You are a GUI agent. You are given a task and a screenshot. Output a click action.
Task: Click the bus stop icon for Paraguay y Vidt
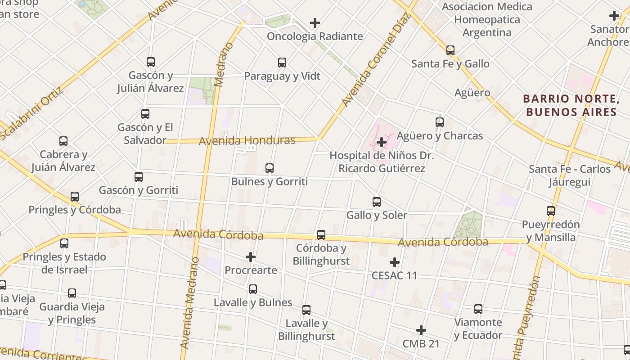pos(282,63)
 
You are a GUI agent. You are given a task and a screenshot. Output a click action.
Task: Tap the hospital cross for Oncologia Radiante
pos(315,22)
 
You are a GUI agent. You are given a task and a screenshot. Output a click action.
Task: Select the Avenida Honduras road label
pos(247,140)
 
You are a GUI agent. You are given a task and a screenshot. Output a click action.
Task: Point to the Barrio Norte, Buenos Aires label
pos(571,105)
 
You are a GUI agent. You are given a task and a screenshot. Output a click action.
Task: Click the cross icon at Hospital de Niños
pos(382,142)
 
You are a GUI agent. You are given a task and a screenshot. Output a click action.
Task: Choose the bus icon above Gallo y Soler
pos(377,202)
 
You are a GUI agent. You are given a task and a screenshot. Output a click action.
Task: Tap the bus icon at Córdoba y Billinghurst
pos(321,234)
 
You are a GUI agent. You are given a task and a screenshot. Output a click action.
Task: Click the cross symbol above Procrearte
pos(251,257)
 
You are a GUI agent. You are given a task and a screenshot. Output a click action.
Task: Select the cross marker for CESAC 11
pos(395,262)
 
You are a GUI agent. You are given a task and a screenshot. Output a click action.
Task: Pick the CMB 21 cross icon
pos(421,331)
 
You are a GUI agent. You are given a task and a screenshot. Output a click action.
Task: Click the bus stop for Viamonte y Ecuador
pos(478,309)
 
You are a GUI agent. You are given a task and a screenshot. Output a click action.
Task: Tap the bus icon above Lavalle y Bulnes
pos(253,289)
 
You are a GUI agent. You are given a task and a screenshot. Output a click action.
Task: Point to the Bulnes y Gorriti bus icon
pos(270,168)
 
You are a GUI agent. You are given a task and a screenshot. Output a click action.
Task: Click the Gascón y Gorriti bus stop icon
pos(139,177)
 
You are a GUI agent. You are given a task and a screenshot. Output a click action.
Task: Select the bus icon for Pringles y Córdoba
pos(75,197)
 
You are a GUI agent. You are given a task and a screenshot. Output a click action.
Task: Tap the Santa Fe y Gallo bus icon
pos(450,50)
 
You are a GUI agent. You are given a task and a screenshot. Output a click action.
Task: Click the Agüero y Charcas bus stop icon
pos(440,122)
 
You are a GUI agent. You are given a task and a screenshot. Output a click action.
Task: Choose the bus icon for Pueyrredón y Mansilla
pos(551,211)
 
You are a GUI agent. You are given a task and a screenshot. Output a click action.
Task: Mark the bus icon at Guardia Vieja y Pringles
pos(72,294)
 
